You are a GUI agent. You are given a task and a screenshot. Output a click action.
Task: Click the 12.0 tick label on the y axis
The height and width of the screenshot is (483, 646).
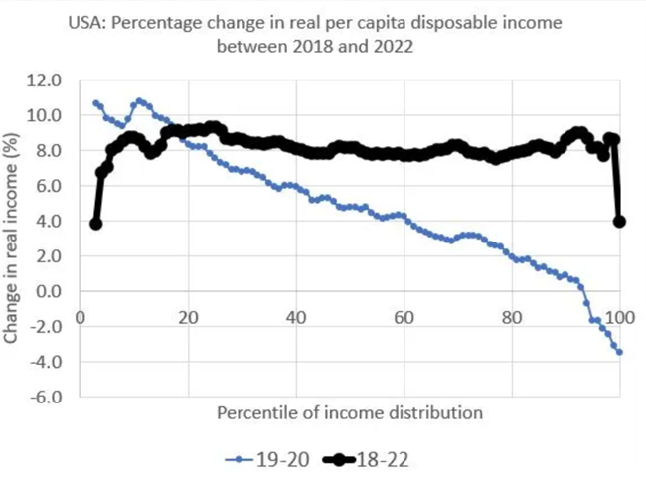48,80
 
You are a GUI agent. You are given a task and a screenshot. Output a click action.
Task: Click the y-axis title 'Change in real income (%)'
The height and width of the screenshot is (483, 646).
13,239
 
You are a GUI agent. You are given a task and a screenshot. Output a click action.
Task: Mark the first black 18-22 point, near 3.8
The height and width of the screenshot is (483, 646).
95,224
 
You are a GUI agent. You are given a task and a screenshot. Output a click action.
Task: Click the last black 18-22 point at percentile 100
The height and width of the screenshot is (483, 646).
619,222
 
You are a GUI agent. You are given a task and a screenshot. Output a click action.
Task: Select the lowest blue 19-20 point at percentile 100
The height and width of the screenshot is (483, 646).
619,352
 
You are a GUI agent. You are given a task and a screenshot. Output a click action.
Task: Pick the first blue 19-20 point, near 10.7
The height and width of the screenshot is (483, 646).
95,103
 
